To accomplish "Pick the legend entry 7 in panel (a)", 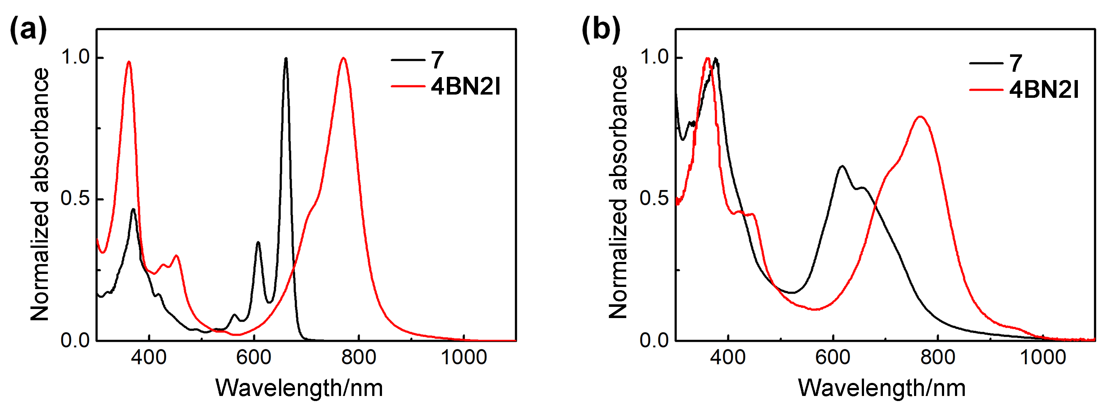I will click(x=437, y=60).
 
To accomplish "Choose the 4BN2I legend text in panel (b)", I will click(x=1044, y=90).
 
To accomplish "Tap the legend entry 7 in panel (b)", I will click(x=1016, y=63).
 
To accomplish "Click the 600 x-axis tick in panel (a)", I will click(x=254, y=358).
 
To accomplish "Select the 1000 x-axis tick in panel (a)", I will click(x=464, y=358).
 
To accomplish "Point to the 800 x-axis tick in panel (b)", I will click(x=938, y=358).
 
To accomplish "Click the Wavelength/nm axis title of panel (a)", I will click(x=299, y=388).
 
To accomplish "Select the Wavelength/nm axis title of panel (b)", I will click(x=881, y=388).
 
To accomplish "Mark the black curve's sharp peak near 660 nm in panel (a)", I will click(x=286, y=58).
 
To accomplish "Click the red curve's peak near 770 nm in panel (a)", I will click(x=344, y=58).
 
